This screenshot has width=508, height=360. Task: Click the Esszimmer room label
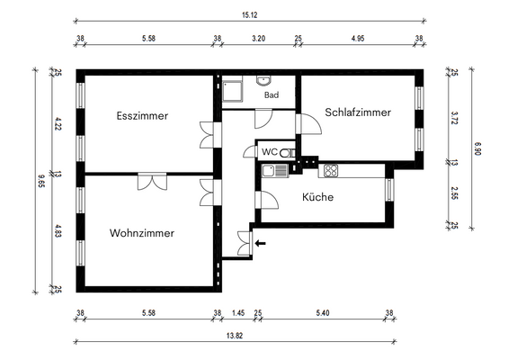pos(142,115)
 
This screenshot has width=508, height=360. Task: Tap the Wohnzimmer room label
pos(141,233)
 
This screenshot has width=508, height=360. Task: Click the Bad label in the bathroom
pos(271,94)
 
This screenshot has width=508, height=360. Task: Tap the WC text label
pos(270,153)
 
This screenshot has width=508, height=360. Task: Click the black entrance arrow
pos(261,241)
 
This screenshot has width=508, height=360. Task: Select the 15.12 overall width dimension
pos(251,14)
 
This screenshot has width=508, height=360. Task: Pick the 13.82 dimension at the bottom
pos(233,334)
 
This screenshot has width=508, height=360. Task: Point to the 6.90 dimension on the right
pos(477,148)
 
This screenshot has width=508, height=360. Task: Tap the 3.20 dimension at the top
pos(258,39)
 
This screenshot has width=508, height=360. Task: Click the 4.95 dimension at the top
pos(357,39)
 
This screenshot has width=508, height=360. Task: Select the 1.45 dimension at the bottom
pos(237,313)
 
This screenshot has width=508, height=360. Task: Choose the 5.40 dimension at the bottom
pos(324,313)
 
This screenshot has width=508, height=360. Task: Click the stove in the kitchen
pos(330,170)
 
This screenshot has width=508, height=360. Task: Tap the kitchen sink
pos(273,169)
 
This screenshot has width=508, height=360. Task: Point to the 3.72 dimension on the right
pos(454,116)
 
